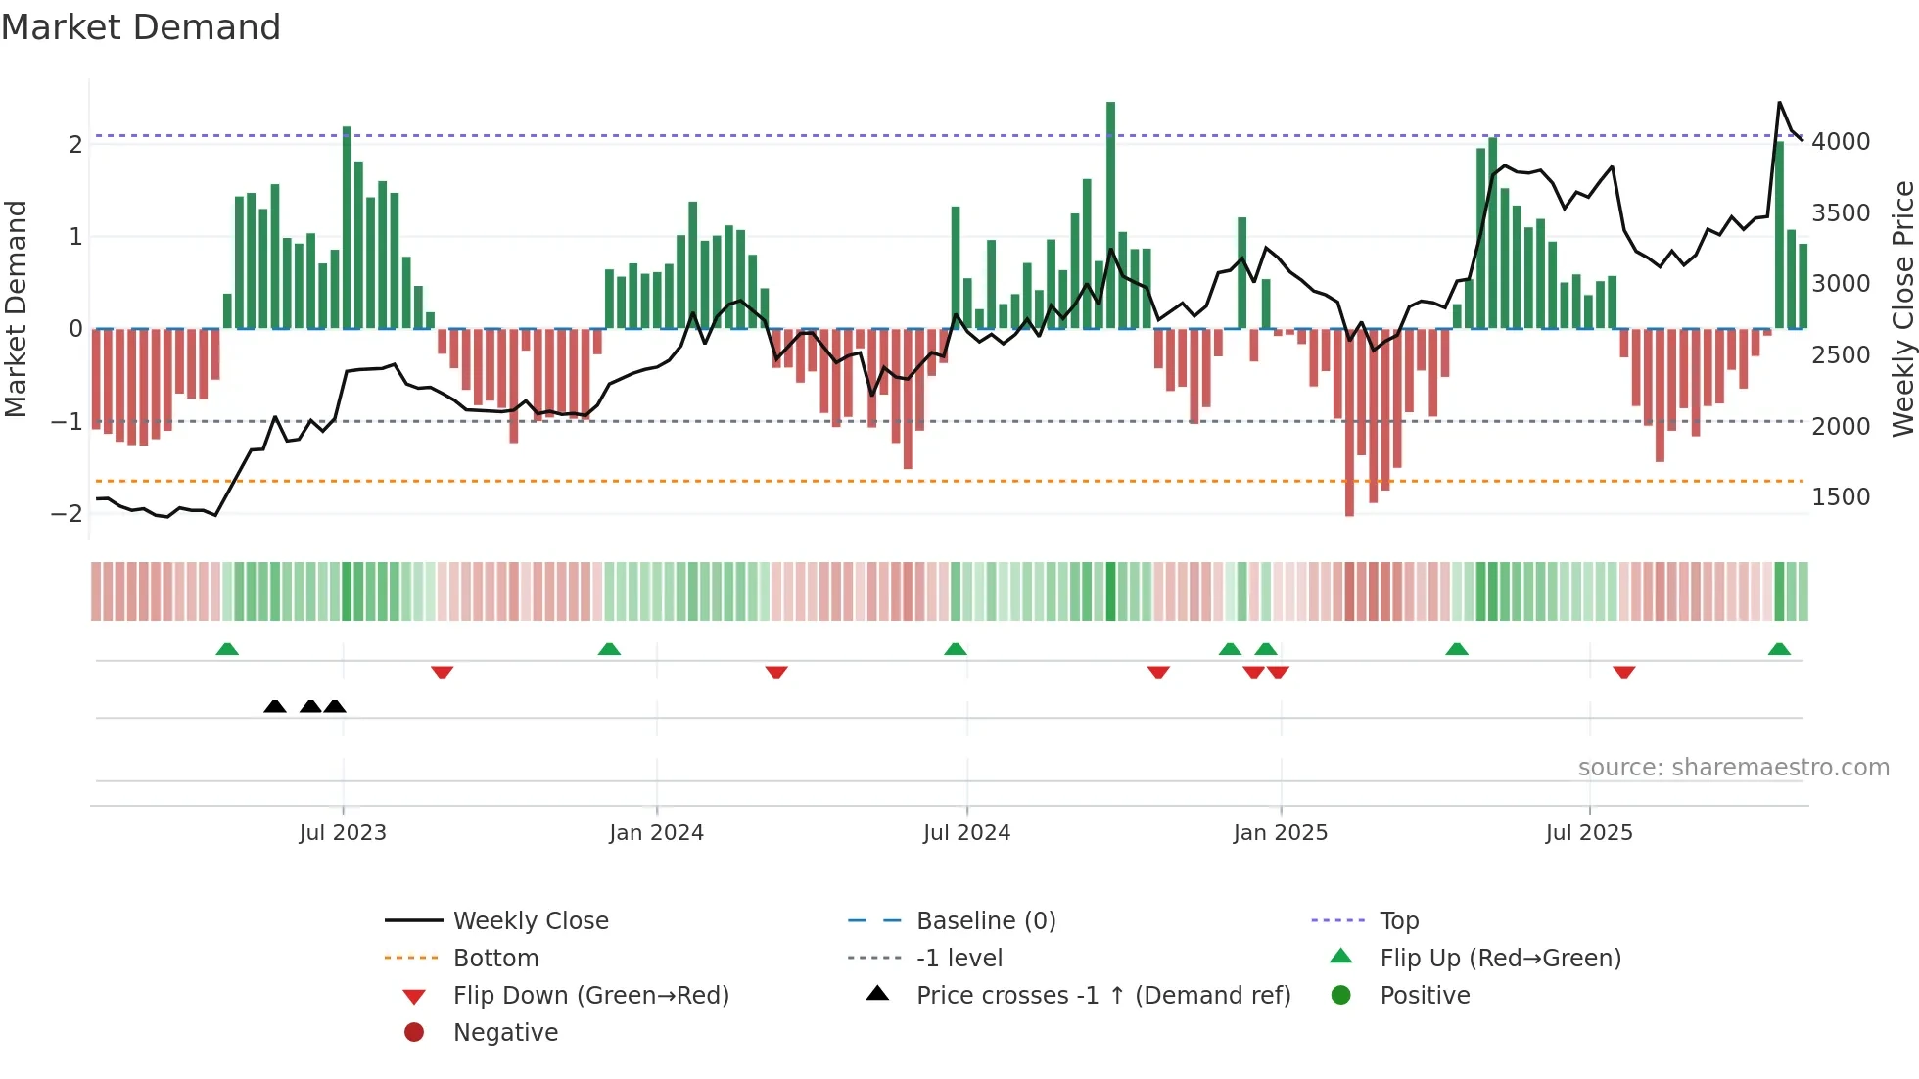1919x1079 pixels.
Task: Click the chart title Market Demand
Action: (x=141, y=27)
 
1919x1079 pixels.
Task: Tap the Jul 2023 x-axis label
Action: (x=343, y=833)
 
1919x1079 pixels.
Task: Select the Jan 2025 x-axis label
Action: (x=1280, y=833)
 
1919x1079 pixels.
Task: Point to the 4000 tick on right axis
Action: (x=1841, y=142)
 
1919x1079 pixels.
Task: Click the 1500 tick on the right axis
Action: (x=1841, y=497)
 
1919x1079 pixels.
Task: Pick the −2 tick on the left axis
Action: (x=67, y=514)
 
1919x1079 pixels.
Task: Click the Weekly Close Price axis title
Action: (x=1902, y=308)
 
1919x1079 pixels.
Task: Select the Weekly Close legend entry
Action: (x=530, y=921)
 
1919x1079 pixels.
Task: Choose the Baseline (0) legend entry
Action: (x=985, y=921)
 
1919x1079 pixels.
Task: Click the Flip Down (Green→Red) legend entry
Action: (x=590, y=996)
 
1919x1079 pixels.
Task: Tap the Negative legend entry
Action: (x=505, y=1033)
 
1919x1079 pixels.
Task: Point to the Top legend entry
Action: (x=1398, y=921)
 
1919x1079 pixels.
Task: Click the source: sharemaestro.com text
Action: (x=1733, y=768)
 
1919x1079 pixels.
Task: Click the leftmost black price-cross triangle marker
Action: (x=275, y=707)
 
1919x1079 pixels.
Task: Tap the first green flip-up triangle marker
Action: (x=227, y=649)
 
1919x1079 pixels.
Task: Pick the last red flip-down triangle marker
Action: (x=1623, y=672)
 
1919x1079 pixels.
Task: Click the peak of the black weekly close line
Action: (x=1779, y=103)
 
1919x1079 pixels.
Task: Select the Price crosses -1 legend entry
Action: (x=1102, y=996)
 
